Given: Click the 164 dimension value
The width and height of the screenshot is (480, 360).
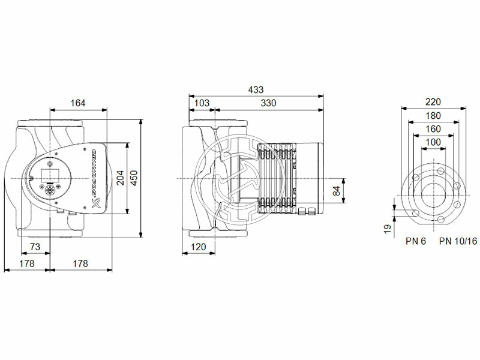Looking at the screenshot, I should tap(77, 103).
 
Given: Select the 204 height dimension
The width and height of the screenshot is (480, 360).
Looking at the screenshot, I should tap(120, 178).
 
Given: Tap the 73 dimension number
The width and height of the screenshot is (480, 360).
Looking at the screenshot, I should tap(35, 247).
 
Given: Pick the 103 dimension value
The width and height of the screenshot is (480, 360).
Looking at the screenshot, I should tap(202, 103).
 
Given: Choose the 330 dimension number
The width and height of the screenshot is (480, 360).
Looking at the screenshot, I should tap(268, 103).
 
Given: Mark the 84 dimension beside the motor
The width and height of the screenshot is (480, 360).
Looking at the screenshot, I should tap(337, 191).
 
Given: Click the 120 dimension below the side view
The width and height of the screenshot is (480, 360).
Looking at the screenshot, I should tap(199, 247).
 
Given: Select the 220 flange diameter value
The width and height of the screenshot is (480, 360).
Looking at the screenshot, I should tap(433, 102).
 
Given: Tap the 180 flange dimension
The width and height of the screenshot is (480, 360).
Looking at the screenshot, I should tap(433, 115).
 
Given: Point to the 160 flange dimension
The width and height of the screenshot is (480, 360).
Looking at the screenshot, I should tap(433, 128).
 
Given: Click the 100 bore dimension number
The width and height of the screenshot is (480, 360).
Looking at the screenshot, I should tap(433, 142).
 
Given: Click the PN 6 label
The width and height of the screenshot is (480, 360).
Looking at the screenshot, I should tap(415, 241).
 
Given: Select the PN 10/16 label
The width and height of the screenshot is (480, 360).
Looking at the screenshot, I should tap(458, 241).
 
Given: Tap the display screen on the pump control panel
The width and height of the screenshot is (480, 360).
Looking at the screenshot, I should tap(48, 176).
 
